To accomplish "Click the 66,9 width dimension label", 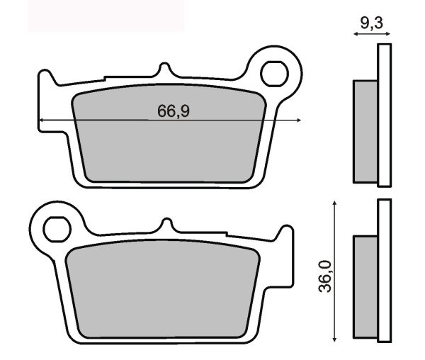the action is point(174,111).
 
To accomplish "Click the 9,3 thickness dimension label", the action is point(372,23).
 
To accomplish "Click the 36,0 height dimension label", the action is point(325,276).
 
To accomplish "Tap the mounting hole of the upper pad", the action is point(274,74).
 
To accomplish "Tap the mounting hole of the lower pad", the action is point(57,230).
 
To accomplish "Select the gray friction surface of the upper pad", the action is point(169,133).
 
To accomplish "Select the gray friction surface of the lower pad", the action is point(163,289).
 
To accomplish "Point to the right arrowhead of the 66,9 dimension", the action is point(299,120).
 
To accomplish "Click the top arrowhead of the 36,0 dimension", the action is point(335,203).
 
